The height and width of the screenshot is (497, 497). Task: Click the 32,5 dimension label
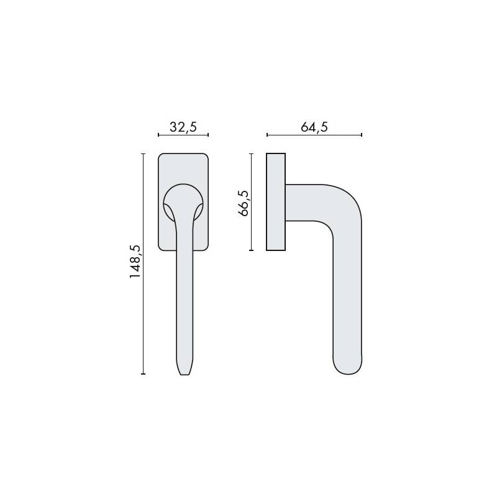tap(183, 127)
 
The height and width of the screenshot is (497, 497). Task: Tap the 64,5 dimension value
tap(314, 127)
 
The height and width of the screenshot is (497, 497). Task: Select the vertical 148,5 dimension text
tap(136, 262)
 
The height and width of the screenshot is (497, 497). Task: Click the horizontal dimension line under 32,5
tap(183, 134)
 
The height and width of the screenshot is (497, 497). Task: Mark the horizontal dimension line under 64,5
tap(314, 134)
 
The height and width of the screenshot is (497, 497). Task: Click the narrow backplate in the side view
tap(276, 201)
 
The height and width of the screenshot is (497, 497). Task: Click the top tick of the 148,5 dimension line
tap(144, 153)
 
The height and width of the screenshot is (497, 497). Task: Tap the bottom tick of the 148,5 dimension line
tap(144, 374)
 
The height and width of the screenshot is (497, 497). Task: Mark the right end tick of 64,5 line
tap(362, 134)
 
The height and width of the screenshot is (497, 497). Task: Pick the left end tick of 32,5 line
tap(158, 134)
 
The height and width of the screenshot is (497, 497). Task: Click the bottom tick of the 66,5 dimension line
tap(251, 250)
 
